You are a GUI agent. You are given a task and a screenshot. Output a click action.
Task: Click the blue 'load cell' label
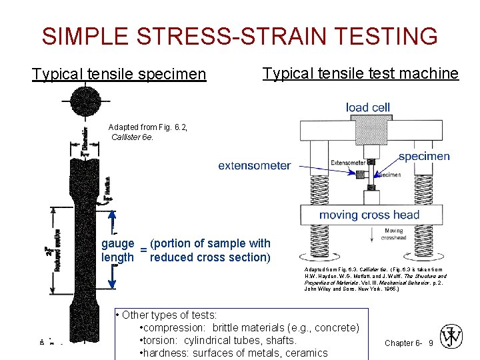(368, 107)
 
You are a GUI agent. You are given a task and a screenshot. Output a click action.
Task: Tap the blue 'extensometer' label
(255, 165)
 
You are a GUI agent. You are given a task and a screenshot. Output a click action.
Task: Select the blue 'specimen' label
(424, 157)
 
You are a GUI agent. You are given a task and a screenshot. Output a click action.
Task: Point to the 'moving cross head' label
(369, 215)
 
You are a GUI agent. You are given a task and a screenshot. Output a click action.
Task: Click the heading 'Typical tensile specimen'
(119, 73)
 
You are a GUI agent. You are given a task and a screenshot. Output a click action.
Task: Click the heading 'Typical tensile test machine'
(361, 73)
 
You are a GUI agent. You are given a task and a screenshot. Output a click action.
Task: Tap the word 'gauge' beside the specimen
(118, 244)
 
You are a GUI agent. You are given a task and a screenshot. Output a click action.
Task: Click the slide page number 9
(431, 343)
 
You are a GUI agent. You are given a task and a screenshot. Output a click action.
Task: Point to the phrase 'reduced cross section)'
(210, 257)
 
